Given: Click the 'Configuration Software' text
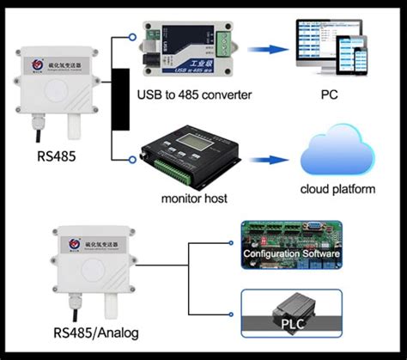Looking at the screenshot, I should (292, 254).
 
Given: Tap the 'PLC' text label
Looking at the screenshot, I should (292, 325).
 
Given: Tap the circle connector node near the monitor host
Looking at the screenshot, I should (131, 158).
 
